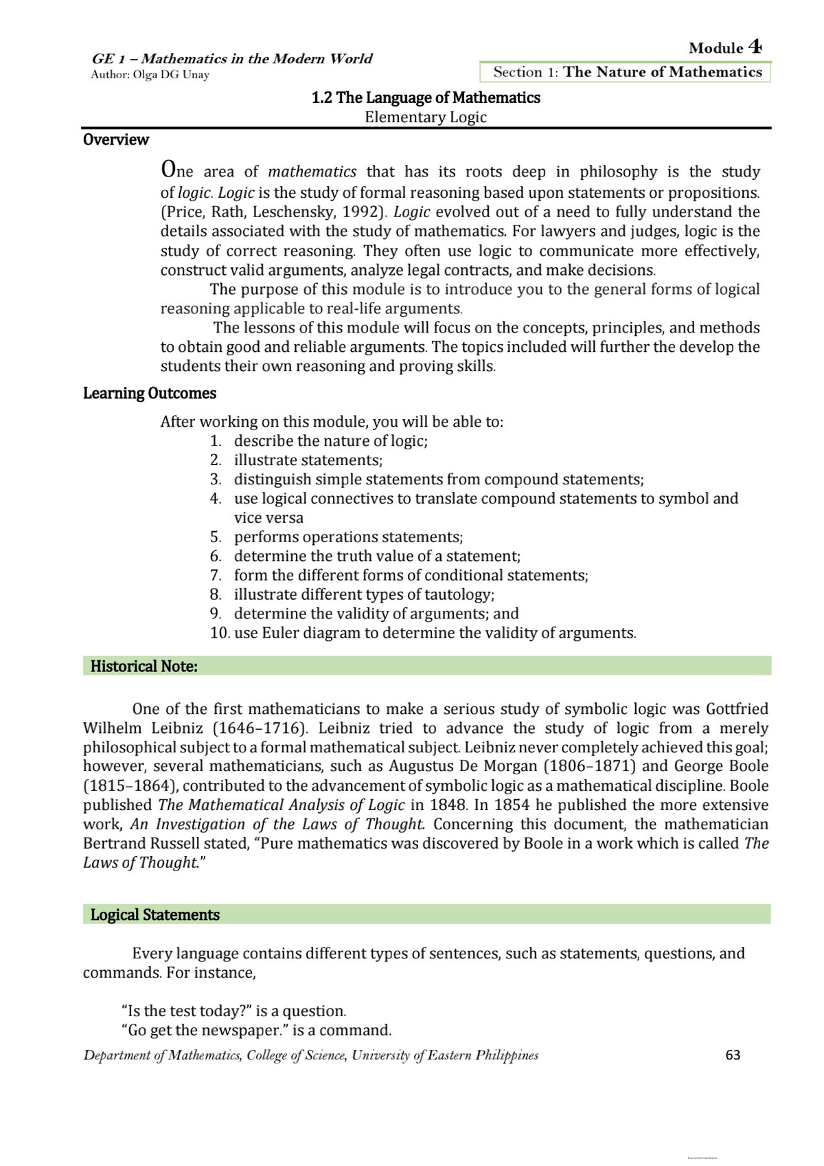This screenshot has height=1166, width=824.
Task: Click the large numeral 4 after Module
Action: click(x=755, y=47)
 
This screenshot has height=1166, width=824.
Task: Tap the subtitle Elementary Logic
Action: click(x=425, y=117)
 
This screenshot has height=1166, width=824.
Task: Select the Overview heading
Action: click(x=115, y=139)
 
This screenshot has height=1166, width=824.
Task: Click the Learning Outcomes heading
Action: click(x=149, y=393)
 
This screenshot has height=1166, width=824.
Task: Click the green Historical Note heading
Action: click(x=144, y=666)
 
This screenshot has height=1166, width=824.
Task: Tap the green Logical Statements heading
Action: click(x=154, y=915)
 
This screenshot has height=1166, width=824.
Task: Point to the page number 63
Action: click(x=733, y=1055)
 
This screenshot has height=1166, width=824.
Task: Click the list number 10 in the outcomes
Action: click(x=219, y=633)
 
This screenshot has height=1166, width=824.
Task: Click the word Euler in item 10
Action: click(x=282, y=633)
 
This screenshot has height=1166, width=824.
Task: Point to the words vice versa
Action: click(x=268, y=517)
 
